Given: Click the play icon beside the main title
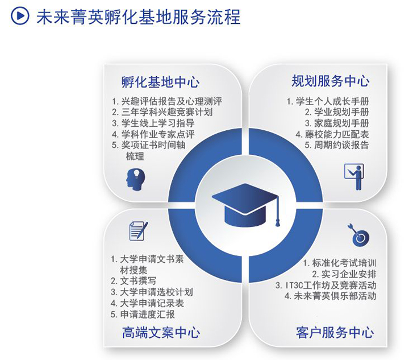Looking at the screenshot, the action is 20,16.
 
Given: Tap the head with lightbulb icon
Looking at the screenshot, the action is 135,180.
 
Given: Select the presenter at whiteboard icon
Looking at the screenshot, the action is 354,177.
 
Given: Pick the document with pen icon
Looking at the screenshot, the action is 139,231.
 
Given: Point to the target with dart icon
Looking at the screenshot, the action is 358,235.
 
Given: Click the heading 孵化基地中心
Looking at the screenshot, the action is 160,82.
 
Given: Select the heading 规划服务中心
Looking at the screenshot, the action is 330,81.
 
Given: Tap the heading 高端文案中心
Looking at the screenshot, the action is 161,333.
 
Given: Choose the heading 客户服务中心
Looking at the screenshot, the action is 335,332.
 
